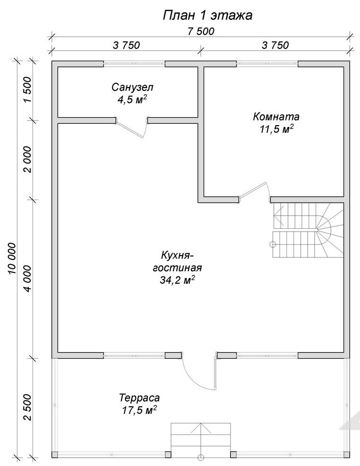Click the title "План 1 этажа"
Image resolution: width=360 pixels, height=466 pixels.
207,16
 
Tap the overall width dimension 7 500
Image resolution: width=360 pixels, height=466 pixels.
201,31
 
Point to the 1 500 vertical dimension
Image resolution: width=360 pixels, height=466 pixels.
27,89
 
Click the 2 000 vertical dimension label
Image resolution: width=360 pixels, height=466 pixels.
27,160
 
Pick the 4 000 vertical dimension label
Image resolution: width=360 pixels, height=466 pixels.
27,279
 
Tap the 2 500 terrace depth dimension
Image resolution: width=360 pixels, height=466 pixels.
27,407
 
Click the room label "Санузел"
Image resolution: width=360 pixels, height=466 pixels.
133,88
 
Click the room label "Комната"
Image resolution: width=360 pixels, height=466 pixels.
276,117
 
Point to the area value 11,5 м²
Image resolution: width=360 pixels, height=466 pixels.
277,129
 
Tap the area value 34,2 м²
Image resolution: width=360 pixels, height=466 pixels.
178,280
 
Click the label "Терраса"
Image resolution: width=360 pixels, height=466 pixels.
139,398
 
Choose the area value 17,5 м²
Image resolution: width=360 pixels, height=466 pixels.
139,410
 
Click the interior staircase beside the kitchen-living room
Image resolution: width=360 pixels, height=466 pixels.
308,230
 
